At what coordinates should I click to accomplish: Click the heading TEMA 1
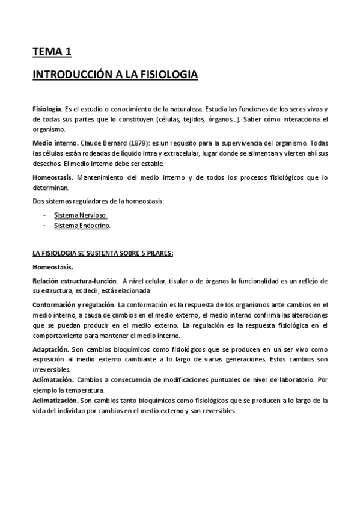(52, 52)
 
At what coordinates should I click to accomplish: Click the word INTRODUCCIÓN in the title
(69, 76)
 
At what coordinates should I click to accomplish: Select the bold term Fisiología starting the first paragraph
(46, 110)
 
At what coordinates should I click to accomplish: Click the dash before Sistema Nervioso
(45, 215)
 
